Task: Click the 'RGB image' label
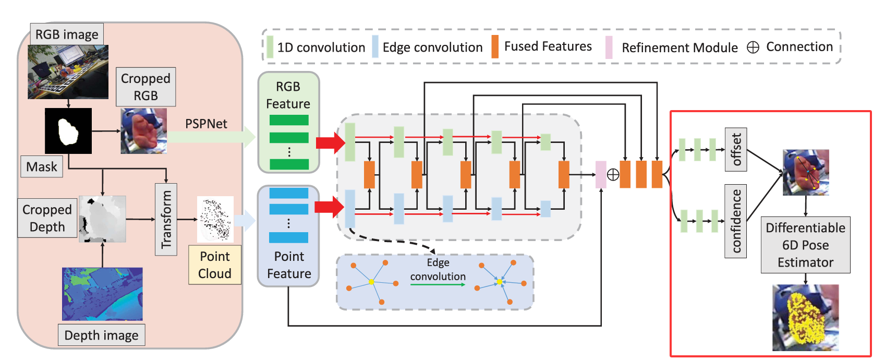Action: [67, 34]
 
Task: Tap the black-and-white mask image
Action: [68, 130]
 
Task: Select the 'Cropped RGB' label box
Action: [146, 87]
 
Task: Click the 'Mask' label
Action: [42, 166]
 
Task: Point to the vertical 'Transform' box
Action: [166, 219]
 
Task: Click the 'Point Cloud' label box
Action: [215, 265]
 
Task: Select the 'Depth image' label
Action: [101, 335]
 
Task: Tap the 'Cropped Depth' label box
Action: [47, 218]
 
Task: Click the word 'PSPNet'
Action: [206, 124]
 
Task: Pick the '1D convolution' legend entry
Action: [321, 47]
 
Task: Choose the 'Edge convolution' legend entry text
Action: [432, 47]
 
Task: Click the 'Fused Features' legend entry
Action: [548, 46]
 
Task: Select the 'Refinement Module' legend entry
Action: [679, 47]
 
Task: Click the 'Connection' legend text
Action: [799, 46]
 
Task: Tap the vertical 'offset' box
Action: [736, 149]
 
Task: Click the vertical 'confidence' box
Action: [736, 221]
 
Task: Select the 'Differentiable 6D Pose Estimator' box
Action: [805, 245]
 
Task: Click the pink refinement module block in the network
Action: [601, 174]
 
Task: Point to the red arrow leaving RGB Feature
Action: [331, 142]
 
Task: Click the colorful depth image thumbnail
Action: [102, 294]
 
